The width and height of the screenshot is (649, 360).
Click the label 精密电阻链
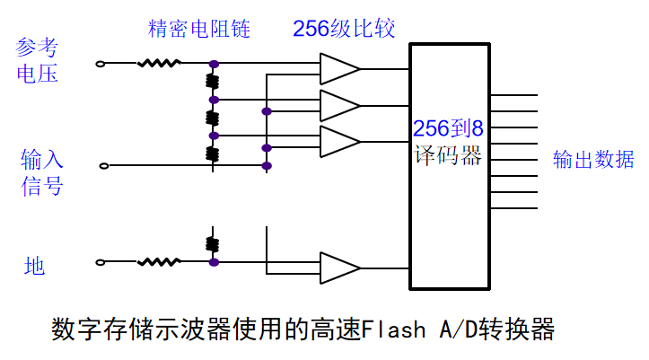(198, 29)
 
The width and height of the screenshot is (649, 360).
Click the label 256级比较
(344, 29)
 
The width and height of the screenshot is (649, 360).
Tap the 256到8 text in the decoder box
(448, 127)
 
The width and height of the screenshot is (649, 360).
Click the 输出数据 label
(593, 160)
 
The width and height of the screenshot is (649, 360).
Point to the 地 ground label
(35, 266)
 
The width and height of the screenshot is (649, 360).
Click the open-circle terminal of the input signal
(104, 165)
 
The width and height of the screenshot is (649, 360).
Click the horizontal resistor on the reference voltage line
(159, 64)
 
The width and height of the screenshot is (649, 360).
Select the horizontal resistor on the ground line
(159, 262)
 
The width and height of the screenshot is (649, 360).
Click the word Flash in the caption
(394, 330)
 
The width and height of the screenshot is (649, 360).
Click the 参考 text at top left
(37, 46)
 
